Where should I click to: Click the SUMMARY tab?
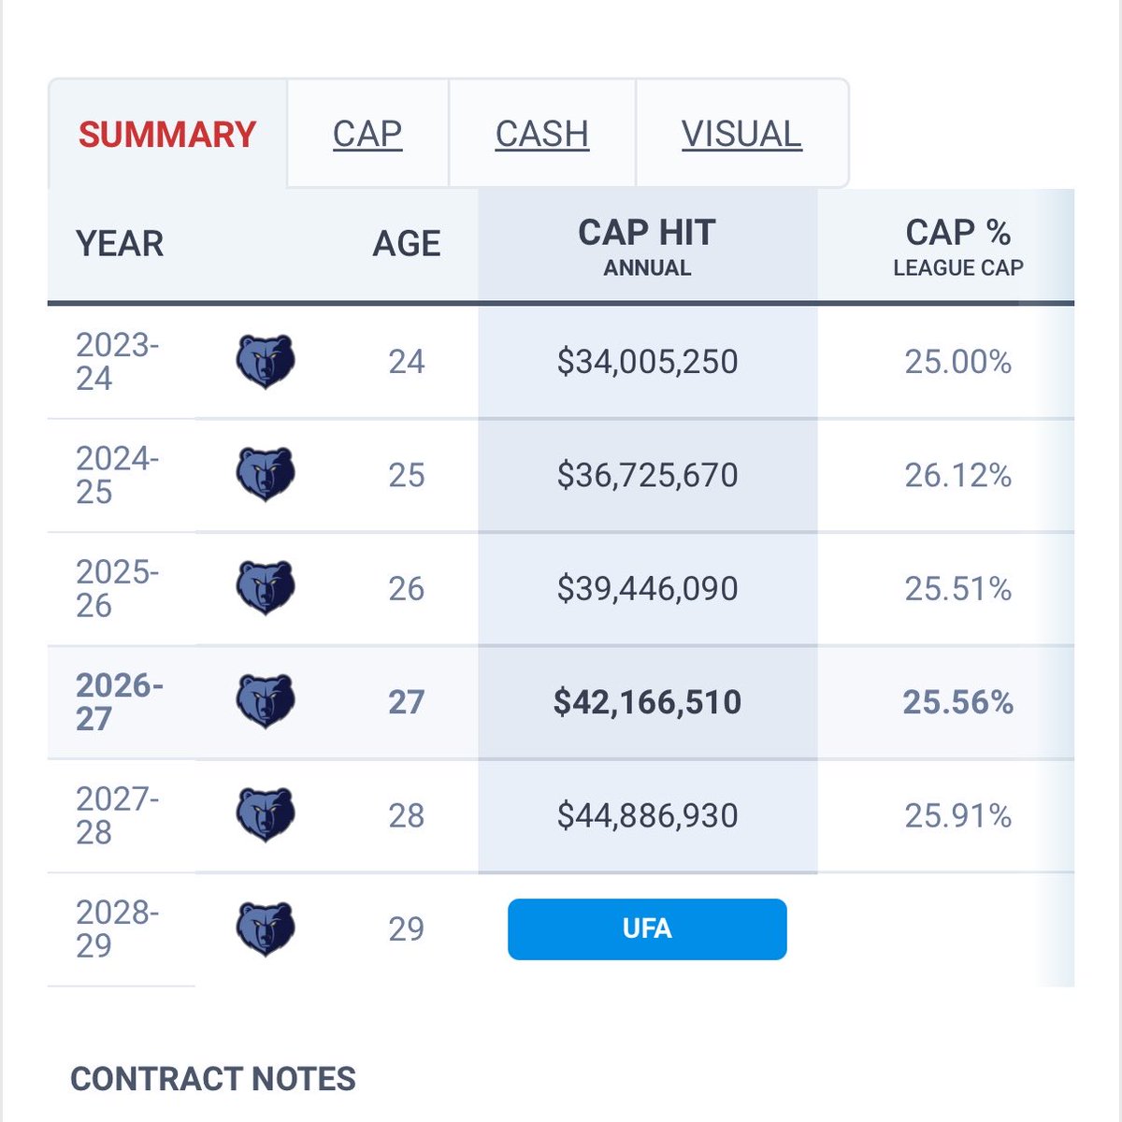pos(167,135)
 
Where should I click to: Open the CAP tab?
pos(367,134)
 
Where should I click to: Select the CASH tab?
pos(542,134)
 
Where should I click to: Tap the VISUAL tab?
pos(741,134)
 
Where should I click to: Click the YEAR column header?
pos(120,243)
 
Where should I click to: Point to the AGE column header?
pos(407,243)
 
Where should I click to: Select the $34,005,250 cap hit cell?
pos(647,362)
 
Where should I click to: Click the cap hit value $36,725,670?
pos(647,475)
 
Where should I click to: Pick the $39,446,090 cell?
pos(647,589)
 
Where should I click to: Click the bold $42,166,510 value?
pos(647,701)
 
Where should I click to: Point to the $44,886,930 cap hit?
pos(647,815)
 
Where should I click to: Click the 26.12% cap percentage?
pos(957,475)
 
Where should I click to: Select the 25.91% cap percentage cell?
pos(957,815)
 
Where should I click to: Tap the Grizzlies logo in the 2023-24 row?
pos(266,362)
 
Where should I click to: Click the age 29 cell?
pos(407,928)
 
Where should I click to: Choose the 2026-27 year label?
pos(119,701)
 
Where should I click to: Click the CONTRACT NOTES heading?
pos(213,1079)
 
